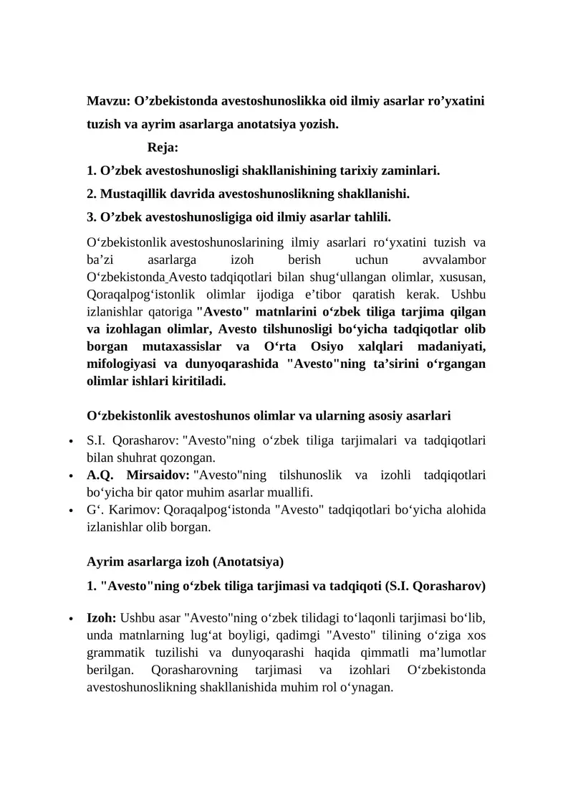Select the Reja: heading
163,148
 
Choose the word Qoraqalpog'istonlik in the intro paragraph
142,294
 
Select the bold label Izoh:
102,618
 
